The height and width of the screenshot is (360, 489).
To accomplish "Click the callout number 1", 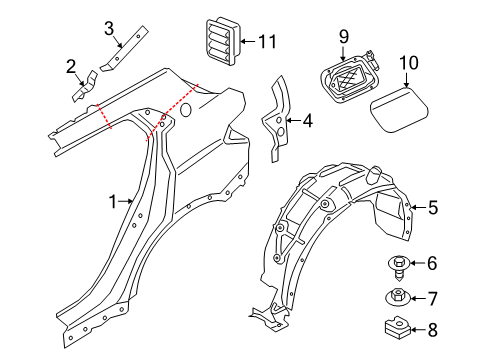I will (x=113, y=202).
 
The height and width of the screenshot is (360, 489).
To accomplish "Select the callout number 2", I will (x=71, y=67).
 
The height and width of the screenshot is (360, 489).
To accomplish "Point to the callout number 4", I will (x=308, y=122).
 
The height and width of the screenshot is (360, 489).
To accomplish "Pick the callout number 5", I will (x=432, y=208).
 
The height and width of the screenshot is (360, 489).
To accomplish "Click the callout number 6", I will (x=432, y=264).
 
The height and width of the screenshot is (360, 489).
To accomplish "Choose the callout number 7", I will (x=432, y=297).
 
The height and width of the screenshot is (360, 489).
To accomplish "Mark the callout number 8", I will (x=432, y=329).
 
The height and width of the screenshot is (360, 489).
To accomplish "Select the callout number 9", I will (x=343, y=38).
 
